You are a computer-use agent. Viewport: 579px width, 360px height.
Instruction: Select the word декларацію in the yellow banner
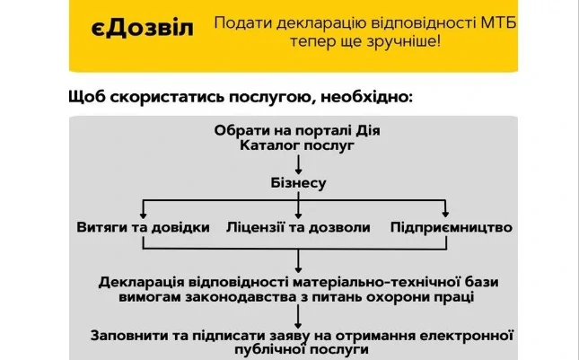(292, 22)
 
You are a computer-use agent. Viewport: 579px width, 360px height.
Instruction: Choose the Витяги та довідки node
(144, 227)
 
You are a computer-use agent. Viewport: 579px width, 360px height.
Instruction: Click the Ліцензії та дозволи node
(297, 227)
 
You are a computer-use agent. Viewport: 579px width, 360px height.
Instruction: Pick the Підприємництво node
(452, 227)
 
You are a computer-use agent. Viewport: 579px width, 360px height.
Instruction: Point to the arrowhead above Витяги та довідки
(144, 213)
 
